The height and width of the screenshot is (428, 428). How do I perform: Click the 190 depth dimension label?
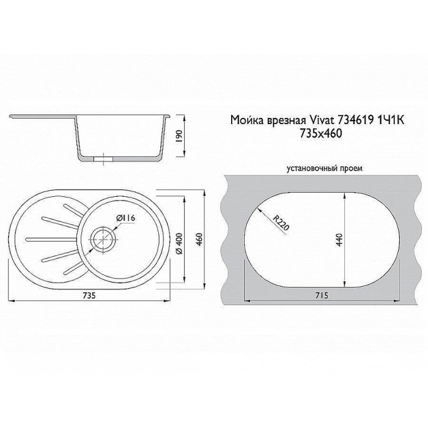[179, 136]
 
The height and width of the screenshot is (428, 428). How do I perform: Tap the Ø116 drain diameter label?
[126, 218]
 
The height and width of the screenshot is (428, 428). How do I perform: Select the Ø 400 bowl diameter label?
[180, 243]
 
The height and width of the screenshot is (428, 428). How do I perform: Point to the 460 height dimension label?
[199, 240]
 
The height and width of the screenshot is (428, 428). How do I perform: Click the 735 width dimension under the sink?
[89, 295]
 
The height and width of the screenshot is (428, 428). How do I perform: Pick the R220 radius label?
[281, 223]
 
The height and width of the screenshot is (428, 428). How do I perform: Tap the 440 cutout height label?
[339, 240]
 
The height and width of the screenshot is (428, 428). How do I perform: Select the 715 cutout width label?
[322, 295]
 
